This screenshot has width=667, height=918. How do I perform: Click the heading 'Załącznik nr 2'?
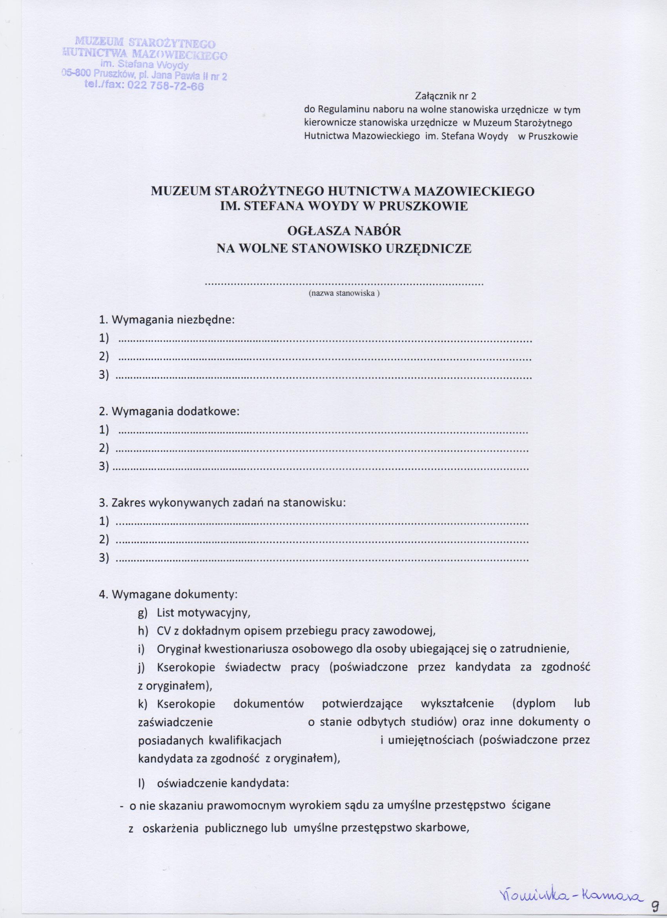point(446,97)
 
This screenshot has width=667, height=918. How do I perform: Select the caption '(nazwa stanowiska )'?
point(344,294)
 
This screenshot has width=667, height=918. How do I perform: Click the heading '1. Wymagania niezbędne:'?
point(167,320)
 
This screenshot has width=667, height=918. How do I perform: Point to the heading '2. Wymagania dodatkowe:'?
point(169,412)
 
